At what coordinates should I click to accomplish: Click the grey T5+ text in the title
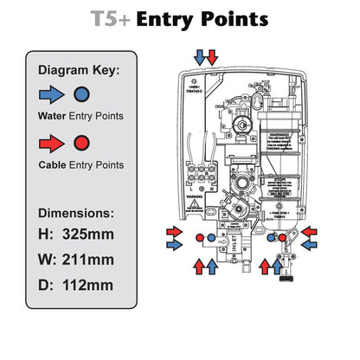(112, 19)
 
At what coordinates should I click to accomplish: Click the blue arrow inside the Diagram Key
(51, 93)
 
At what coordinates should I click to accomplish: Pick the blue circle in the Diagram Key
(80, 93)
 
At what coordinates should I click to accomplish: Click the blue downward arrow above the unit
(201, 57)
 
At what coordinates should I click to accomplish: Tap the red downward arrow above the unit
(213, 57)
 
